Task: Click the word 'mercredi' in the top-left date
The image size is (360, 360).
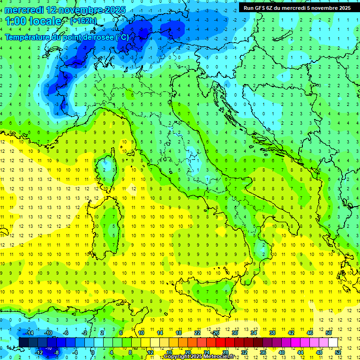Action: pyautogui.click(x=24, y=10)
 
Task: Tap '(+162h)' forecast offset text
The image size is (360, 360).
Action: pyautogui.click(x=83, y=21)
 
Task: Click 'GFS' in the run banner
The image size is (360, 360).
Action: pyautogui.click(x=261, y=8)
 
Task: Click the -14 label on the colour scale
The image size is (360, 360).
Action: pyautogui.click(x=29, y=333)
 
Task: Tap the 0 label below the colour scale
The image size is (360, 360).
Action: pyautogui.click(x=93, y=352)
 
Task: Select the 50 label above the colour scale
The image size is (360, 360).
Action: pyautogui.click(x=328, y=333)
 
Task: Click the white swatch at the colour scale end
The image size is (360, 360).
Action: pyautogui.click(x=333, y=343)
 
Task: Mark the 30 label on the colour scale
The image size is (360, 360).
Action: pyautogui.click(x=235, y=333)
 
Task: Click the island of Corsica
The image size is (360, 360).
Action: pyautogui.click(x=109, y=166)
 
